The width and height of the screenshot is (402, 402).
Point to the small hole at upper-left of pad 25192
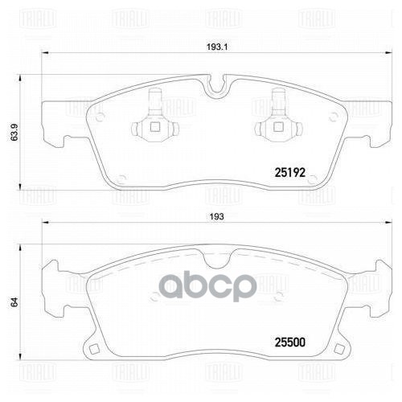pyautogui.click(x=100, y=114)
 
